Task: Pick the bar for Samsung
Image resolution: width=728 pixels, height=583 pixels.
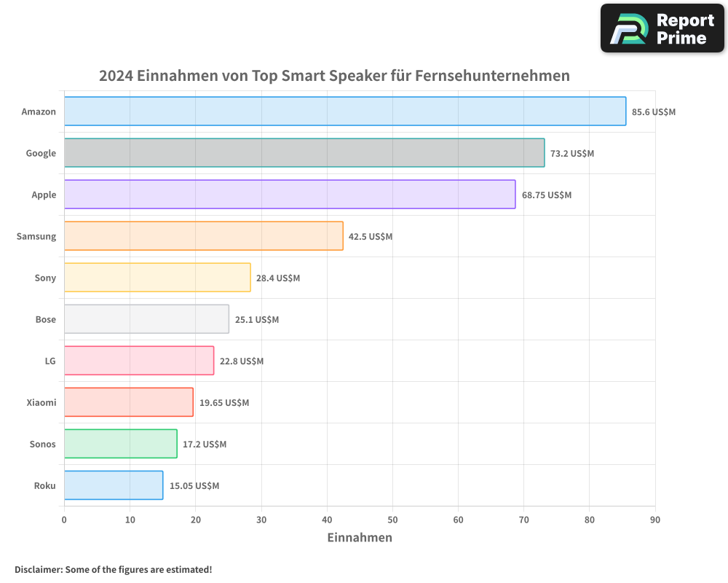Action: point(204,236)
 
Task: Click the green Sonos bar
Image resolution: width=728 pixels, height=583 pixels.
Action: point(121,444)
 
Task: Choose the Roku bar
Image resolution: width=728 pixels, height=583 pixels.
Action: point(114,485)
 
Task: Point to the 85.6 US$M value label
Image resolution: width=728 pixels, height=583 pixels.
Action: point(654,112)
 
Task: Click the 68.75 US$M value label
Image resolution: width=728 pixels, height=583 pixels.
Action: point(546,195)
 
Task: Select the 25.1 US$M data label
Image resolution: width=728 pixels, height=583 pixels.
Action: point(257,320)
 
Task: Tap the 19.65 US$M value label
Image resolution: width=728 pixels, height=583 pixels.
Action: point(224,403)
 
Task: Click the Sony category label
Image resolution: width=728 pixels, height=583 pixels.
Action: point(45,278)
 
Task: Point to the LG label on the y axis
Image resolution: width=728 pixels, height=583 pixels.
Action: point(50,361)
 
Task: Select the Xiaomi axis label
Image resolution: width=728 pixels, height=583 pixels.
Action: point(41,402)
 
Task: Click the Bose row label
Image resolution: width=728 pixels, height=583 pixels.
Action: point(45,319)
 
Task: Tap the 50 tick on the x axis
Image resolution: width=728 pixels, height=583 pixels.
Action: point(392,520)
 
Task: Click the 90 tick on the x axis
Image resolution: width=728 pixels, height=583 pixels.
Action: point(655,520)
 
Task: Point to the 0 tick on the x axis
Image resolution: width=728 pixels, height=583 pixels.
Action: point(64,520)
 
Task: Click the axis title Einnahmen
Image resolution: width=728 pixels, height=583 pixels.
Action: point(360,538)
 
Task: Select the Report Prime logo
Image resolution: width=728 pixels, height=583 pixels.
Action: point(662,28)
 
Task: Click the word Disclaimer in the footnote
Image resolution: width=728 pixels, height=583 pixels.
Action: point(38,569)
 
